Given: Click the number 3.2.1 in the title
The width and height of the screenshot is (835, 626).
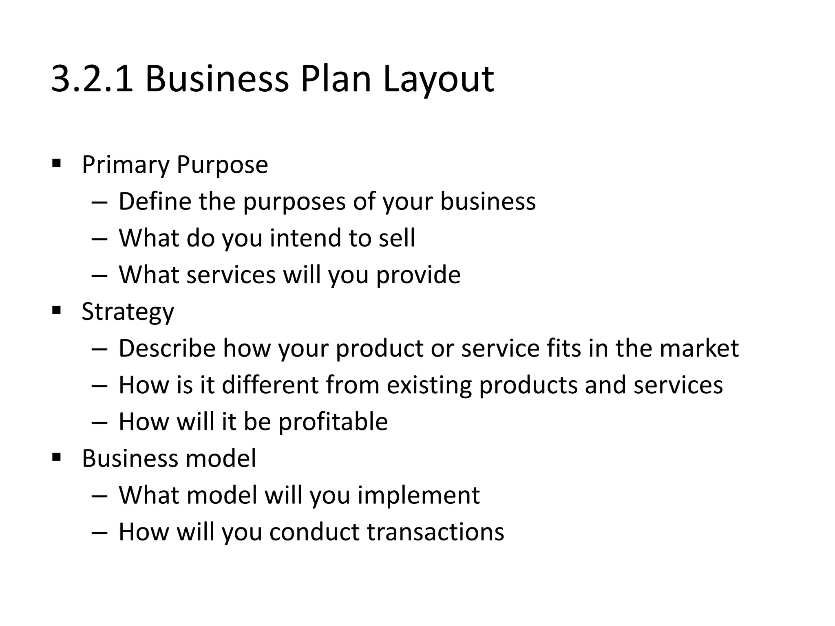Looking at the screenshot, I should pyautogui.click(x=92, y=79).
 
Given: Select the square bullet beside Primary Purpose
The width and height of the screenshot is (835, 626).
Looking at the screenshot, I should pyautogui.click(x=57, y=164).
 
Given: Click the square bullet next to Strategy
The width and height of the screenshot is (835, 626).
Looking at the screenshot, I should pyautogui.click(x=57, y=311).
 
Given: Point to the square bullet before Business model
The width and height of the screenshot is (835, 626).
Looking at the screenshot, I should pyautogui.click(x=57, y=458).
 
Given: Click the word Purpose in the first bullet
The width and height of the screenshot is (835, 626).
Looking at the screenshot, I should pyautogui.click(x=222, y=165).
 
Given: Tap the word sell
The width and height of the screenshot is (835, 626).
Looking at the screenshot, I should pyautogui.click(x=397, y=238).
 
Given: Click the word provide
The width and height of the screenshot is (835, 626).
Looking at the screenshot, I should pyautogui.click(x=418, y=275).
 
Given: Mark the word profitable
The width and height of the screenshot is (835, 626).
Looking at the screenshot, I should pyautogui.click(x=333, y=422).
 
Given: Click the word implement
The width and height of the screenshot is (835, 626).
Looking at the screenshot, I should pyautogui.click(x=418, y=496).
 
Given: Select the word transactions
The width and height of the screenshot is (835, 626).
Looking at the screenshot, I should pyautogui.click(x=435, y=532).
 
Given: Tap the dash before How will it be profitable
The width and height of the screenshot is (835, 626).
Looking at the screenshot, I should pyautogui.click(x=99, y=422).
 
